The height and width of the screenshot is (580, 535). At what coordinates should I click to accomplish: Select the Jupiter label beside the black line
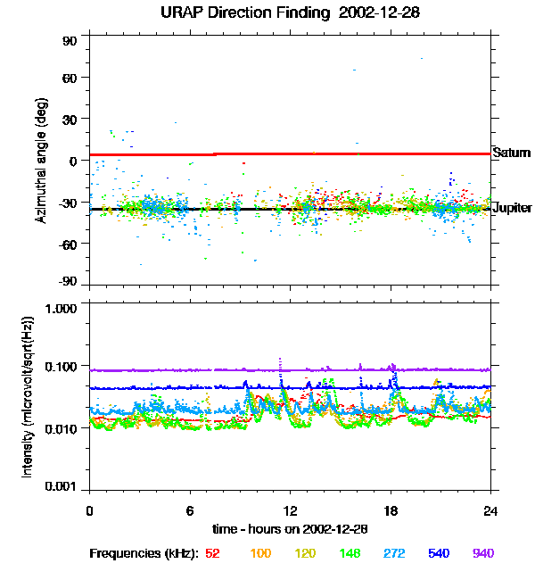tap(512, 208)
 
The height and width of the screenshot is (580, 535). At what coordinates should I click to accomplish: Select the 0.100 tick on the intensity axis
tap(60, 367)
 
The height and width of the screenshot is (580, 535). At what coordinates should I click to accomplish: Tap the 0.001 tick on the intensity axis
tap(60, 487)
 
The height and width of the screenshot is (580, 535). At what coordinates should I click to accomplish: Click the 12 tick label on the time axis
tap(290, 510)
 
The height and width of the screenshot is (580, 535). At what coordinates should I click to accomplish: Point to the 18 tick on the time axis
tap(391, 510)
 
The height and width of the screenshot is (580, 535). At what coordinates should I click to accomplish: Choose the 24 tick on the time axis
tap(491, 510)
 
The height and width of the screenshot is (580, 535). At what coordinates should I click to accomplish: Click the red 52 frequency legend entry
tap(212, 553)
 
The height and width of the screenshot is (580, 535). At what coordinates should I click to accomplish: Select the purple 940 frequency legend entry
tap(483, 553)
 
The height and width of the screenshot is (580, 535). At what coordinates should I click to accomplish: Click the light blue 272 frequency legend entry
tap(393, 553)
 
